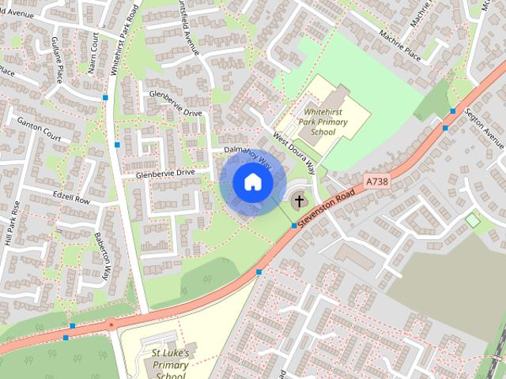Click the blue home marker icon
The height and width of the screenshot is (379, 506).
point(252,182)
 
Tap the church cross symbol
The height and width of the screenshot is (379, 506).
point(300,201)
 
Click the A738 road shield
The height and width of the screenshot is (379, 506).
point(378,182)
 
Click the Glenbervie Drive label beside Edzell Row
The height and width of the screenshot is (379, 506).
point(165,173)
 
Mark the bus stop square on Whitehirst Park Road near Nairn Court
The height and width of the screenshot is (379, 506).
point(105,97)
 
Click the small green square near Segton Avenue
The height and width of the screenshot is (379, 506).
point(472,220)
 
